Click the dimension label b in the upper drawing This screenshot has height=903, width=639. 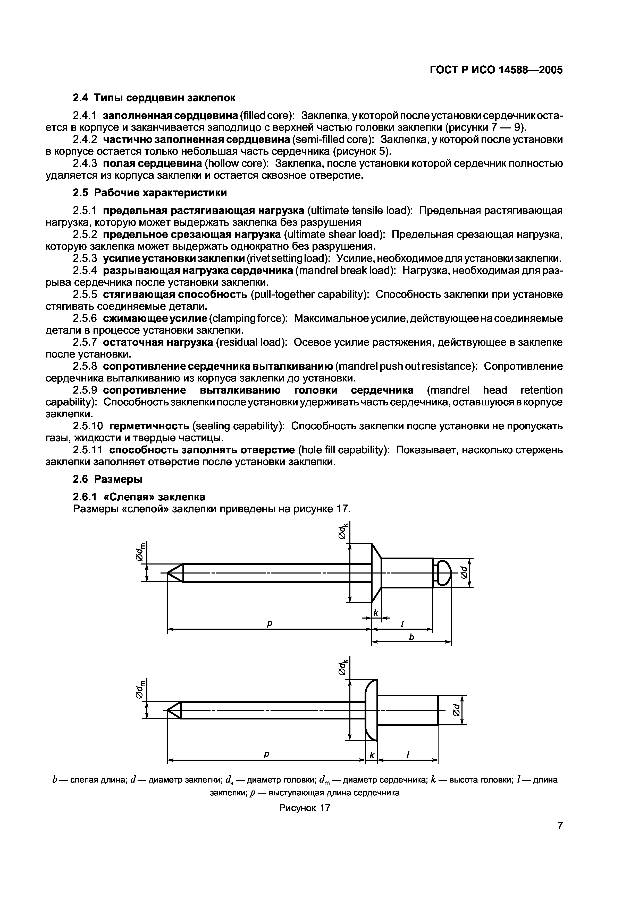(x=412, y=638)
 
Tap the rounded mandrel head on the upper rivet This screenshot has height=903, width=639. (x=444, y=573)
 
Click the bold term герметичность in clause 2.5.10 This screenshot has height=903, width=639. (x=149, y=426)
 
